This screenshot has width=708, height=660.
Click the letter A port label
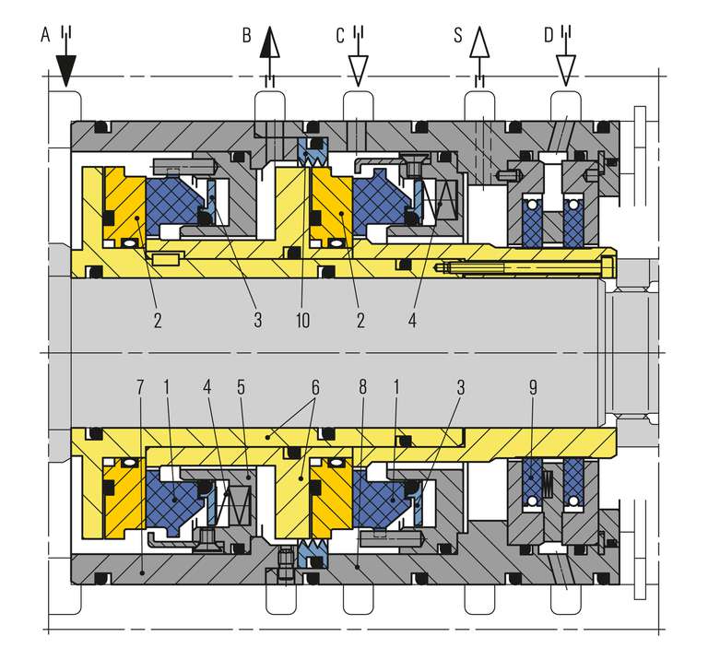pos(45,35)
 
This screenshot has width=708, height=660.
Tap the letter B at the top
pos(246,36)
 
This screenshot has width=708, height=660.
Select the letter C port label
pos(340,35)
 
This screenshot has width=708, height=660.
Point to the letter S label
pos(458,36)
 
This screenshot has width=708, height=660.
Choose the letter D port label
pos(548,35)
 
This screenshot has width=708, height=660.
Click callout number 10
pos(303,320)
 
